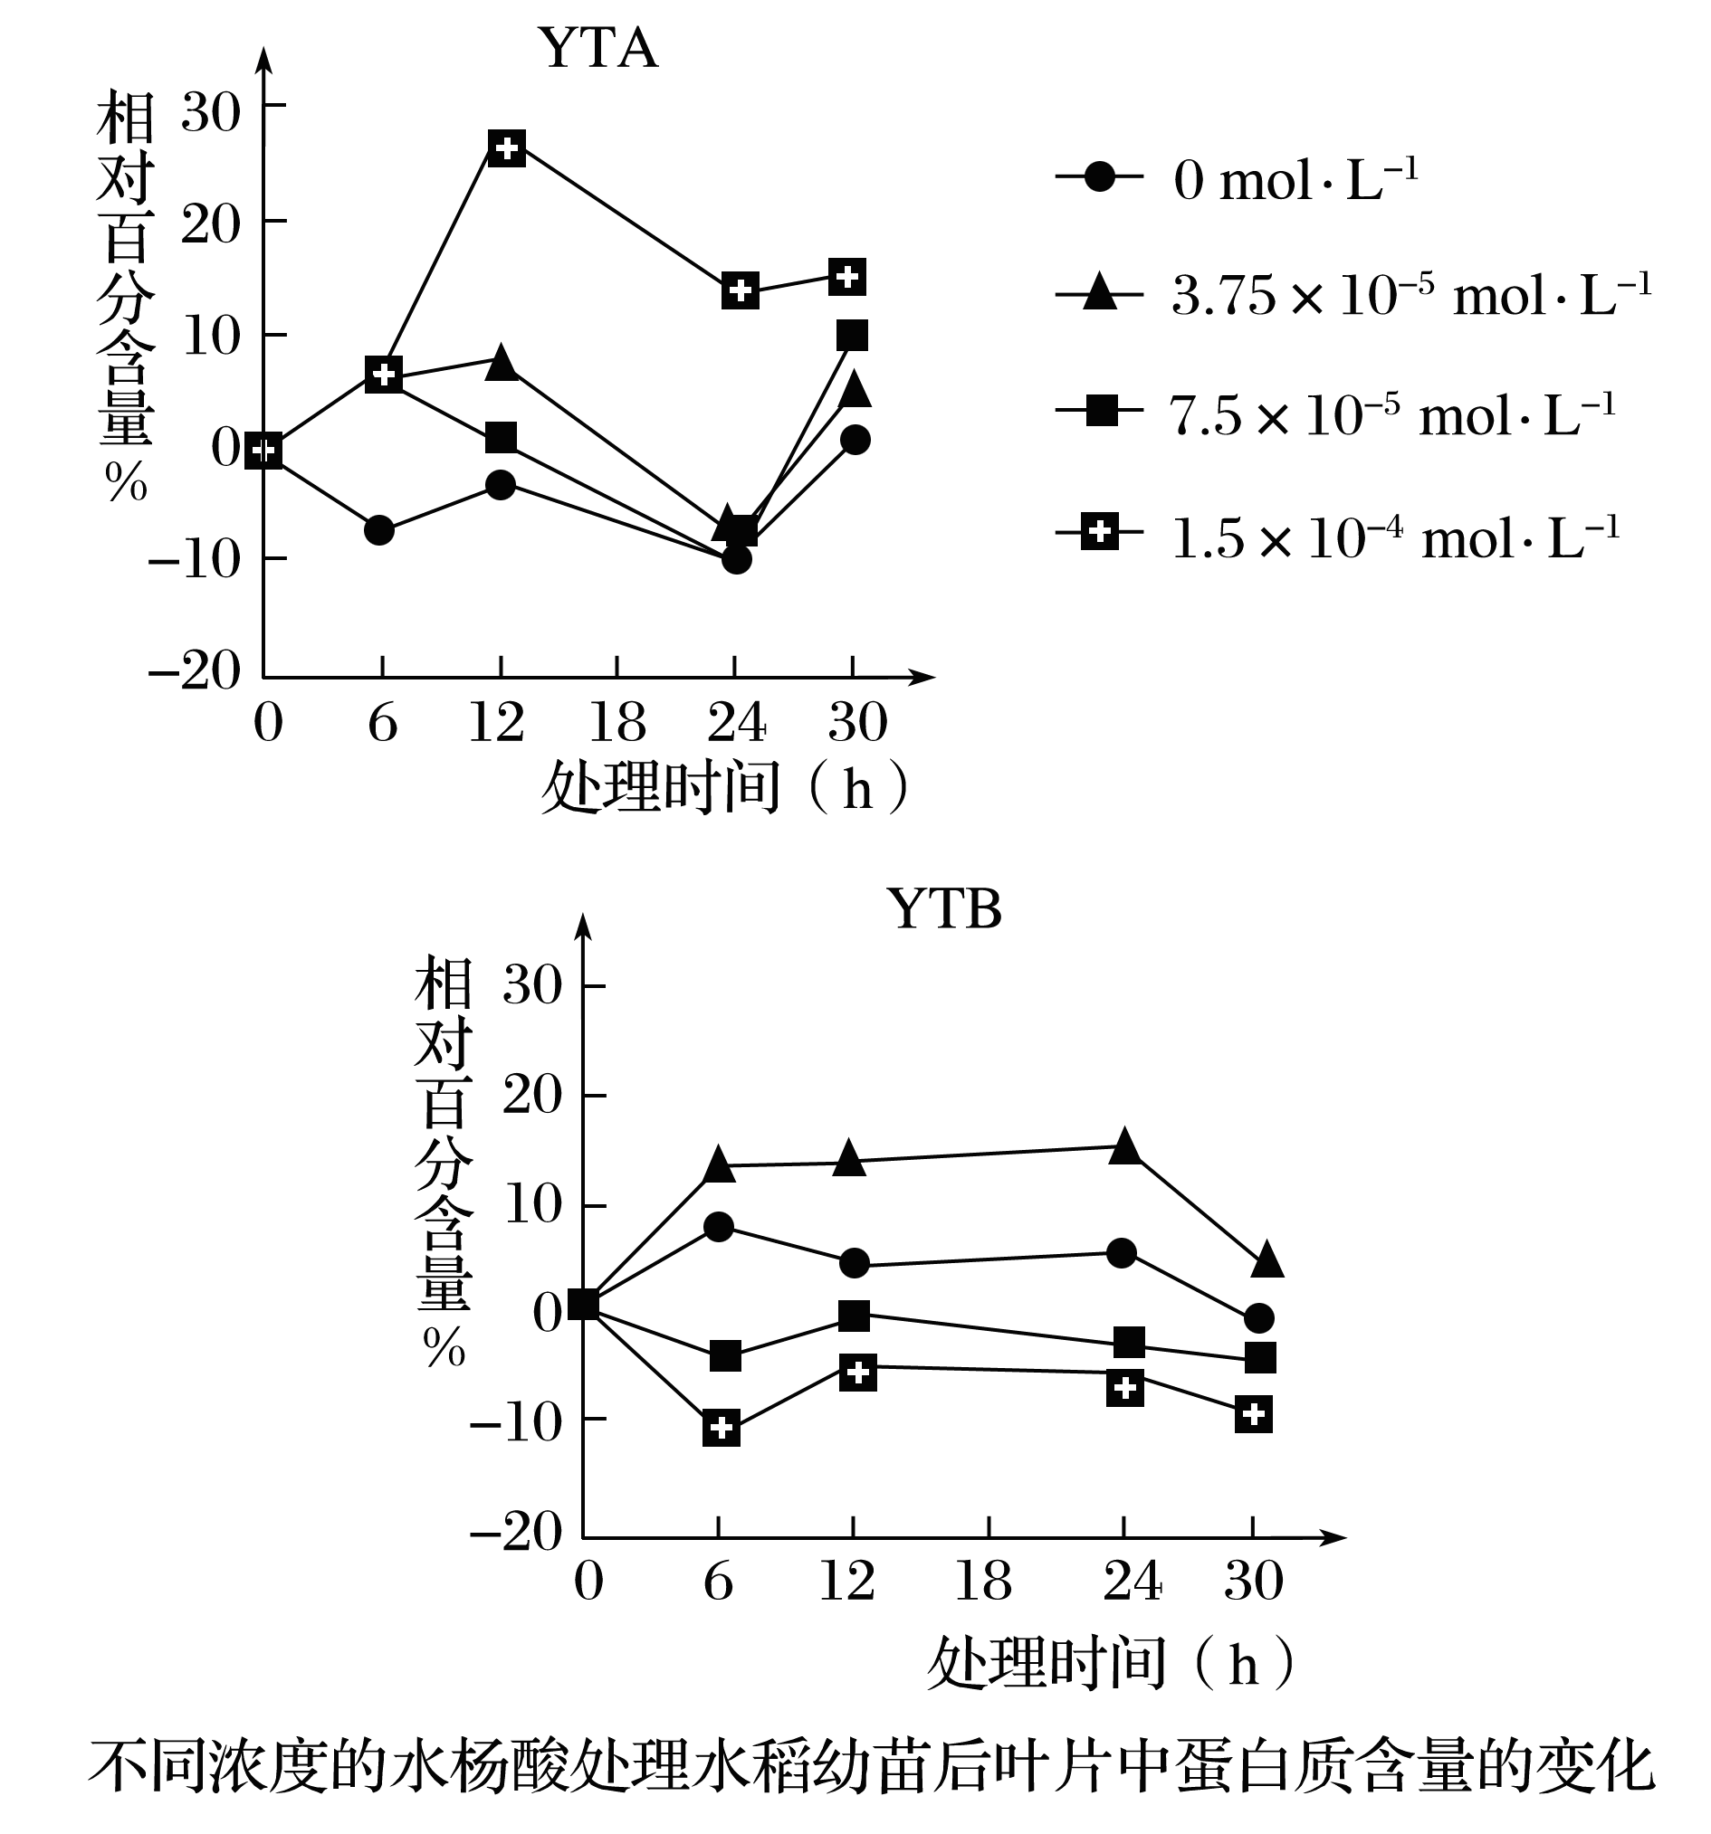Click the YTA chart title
click(598, 48)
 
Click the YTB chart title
click(943, 909)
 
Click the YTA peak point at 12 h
click(507, 147)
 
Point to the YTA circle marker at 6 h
click(379, 529)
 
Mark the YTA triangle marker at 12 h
click(502, 363)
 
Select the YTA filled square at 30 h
click(852, 335)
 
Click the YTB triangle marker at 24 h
click(1124, 1146)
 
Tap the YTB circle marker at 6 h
click(719, 1226)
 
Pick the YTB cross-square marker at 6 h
click(721, 1428)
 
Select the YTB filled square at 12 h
click(854, 1316)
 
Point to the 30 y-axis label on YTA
click(210, 112)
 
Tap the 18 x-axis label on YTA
click(617, 722)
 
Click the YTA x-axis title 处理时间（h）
click(725, 789)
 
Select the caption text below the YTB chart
click(871, 1768)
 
